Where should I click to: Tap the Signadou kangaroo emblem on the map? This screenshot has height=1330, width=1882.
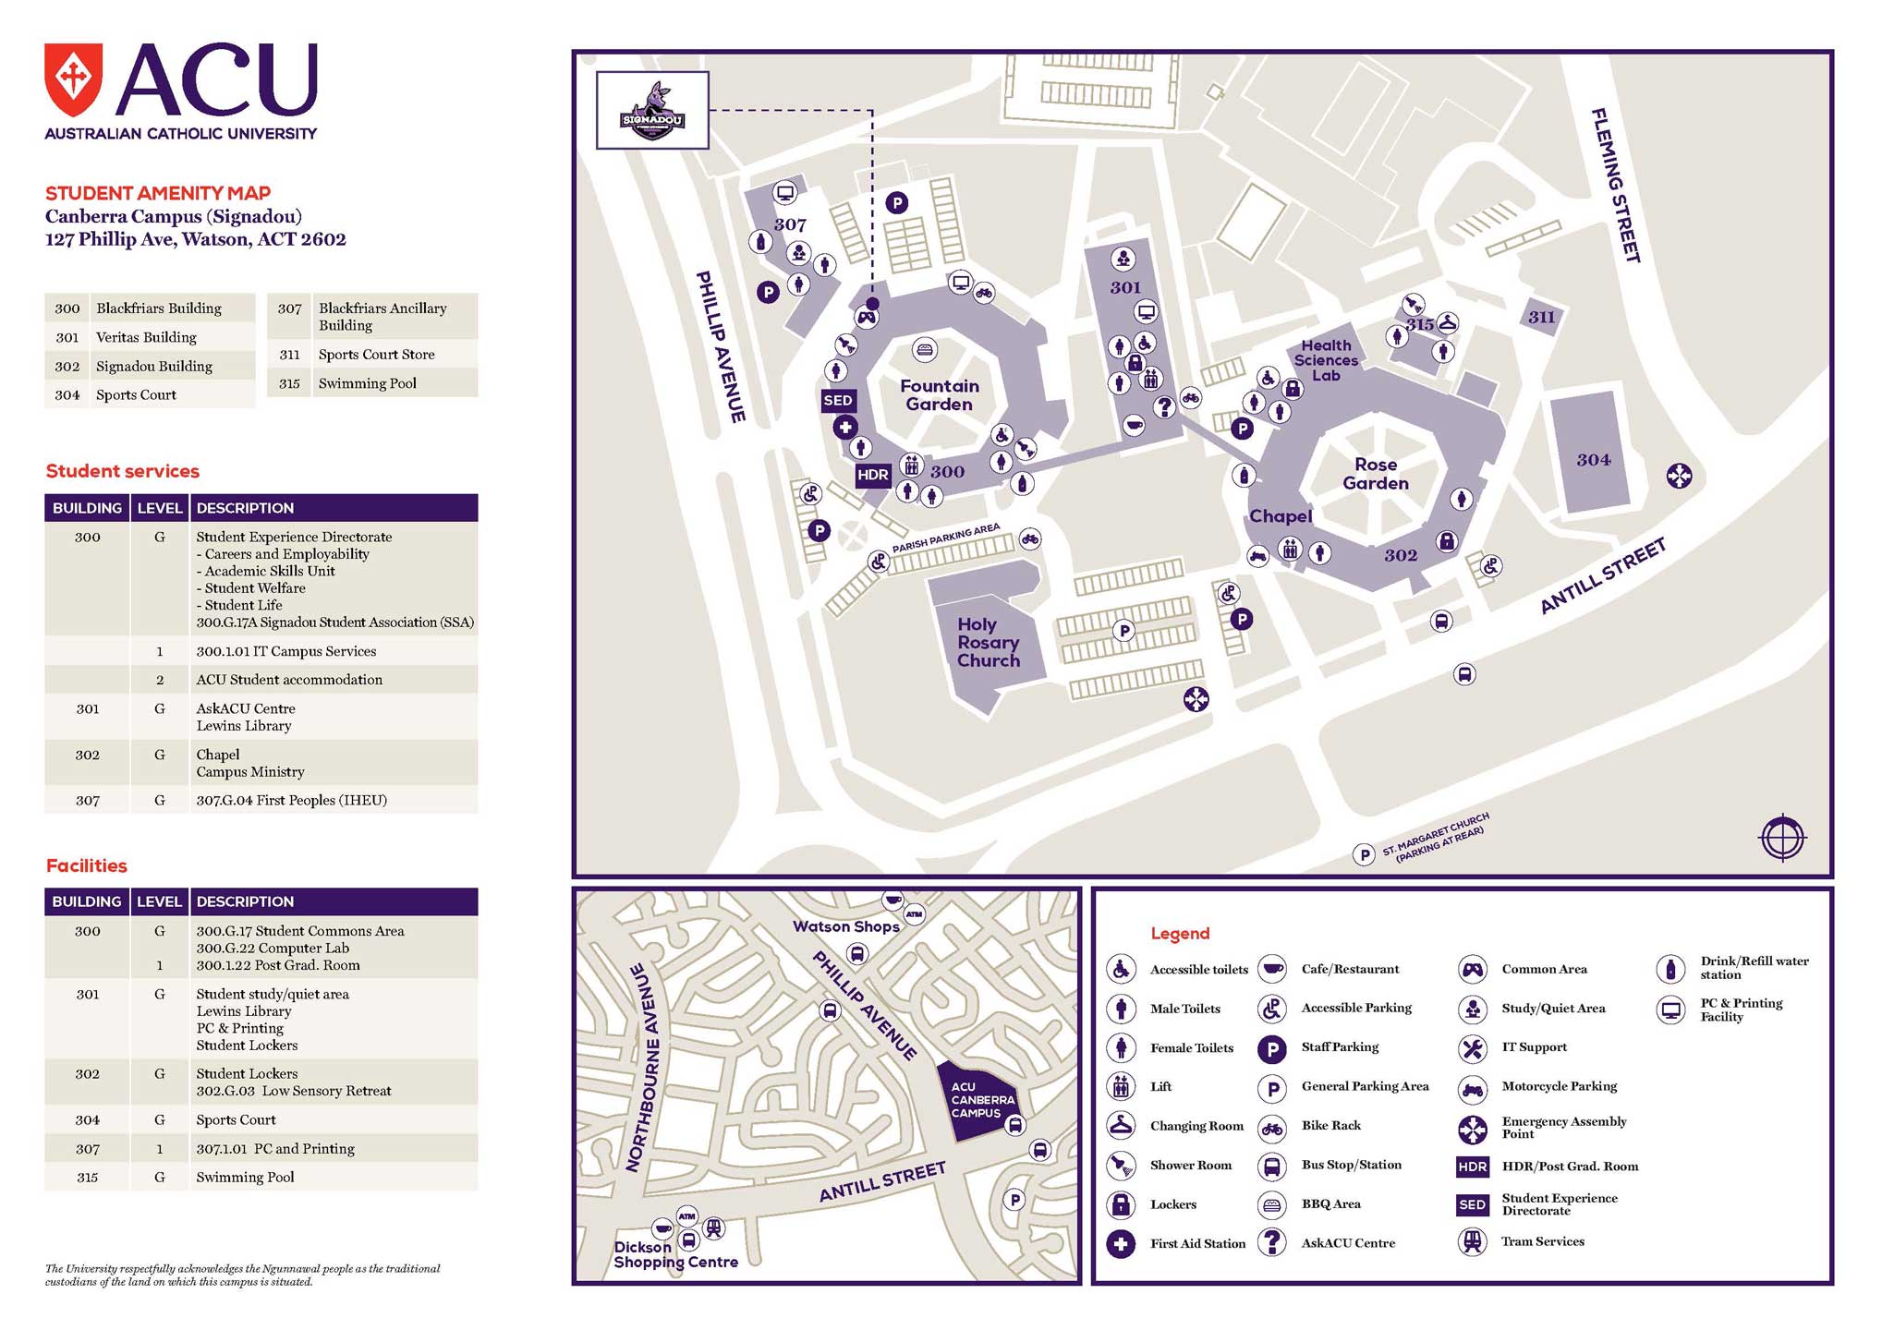coord(652,111)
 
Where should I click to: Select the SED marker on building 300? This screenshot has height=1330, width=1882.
coord(838,401)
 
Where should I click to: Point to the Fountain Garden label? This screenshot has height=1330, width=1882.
coord(939,395)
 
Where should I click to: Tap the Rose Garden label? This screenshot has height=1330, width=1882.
coord(1375,474)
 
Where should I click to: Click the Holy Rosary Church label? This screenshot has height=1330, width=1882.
coord(988,643)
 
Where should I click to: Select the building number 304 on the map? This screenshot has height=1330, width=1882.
coord(1593,460)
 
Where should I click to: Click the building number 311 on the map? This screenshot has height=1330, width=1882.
coord(1541,318)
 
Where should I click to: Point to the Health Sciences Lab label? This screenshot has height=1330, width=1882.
coord(1326,360)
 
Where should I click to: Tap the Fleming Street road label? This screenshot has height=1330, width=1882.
coord(1615,185)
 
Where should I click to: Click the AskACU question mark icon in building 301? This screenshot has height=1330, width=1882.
coord(1164,405)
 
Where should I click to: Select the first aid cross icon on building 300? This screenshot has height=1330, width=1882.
coord(844,428)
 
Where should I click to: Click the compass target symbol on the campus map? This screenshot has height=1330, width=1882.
coord(1782,839)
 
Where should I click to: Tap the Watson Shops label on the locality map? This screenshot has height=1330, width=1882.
coord(845,926)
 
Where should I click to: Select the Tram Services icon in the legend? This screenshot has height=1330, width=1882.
coord(1472,1242)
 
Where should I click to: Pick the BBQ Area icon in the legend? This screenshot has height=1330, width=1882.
coord(1272,1204)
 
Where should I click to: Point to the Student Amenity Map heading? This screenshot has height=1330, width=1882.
coord(158,193)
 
